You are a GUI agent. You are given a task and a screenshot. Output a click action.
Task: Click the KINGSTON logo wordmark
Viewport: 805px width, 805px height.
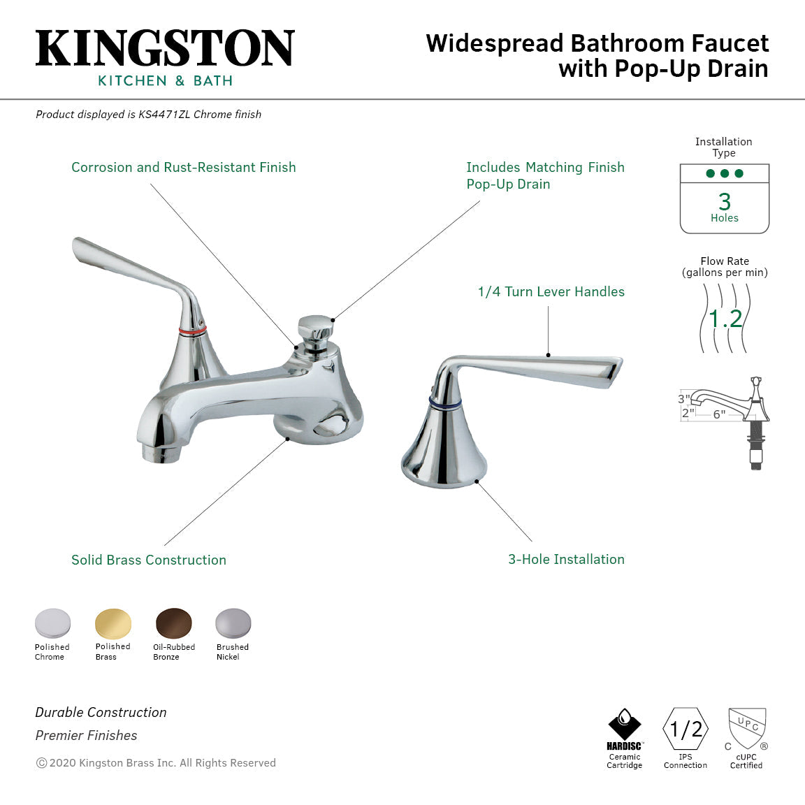point(165,48)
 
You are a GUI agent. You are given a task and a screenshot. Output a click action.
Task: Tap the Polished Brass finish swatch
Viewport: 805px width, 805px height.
point(113,623)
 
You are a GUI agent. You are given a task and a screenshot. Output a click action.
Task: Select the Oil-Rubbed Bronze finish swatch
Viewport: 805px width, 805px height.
point(174,623)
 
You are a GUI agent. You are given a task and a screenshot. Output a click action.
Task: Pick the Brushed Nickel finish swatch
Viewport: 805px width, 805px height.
point(233,623)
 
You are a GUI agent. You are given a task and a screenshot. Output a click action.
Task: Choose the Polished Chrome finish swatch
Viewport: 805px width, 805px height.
point(53,623)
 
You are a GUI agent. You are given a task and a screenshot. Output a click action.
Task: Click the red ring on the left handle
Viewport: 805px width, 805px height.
point(192,329)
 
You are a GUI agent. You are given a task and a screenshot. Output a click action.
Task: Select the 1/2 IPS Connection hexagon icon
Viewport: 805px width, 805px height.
point(686,730)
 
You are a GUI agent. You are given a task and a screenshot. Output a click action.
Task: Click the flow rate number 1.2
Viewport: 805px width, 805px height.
point(725,319)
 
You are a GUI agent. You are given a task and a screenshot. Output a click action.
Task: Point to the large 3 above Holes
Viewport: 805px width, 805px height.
point(725,202)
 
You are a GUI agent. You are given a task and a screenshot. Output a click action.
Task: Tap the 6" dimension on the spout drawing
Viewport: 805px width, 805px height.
point(719,414)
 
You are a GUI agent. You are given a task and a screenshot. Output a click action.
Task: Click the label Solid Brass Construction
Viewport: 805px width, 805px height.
point(149,560)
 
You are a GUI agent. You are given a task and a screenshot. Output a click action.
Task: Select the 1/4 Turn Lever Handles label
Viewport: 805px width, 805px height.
point(551,292)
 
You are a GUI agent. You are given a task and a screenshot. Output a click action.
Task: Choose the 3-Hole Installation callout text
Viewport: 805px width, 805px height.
point(566,559)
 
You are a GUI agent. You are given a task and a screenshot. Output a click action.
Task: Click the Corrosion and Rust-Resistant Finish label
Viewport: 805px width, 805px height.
point(184,167)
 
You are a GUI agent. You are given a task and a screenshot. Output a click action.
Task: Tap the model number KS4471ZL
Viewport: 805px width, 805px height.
point(164,115)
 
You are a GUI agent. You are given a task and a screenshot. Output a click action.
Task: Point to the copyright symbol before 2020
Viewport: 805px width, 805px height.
point(41,763)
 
